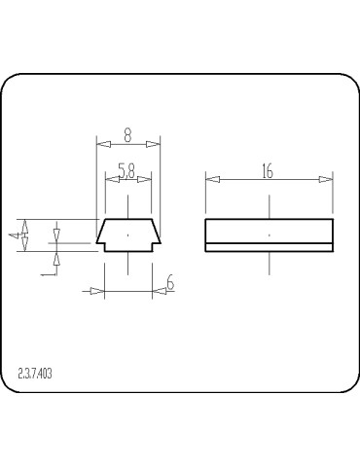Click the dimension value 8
[x=127, y=135]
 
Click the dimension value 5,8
[x=127, y=170]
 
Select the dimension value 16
[x=268, y=170]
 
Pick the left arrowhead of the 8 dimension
[x=101, y=144]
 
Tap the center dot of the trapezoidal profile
[x=127, y=235]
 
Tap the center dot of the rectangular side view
[x=270, y=235]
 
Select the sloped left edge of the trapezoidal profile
[x=100, y=231]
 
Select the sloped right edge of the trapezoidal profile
[x=155, y=231]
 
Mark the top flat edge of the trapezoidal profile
[x=127, y=219]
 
